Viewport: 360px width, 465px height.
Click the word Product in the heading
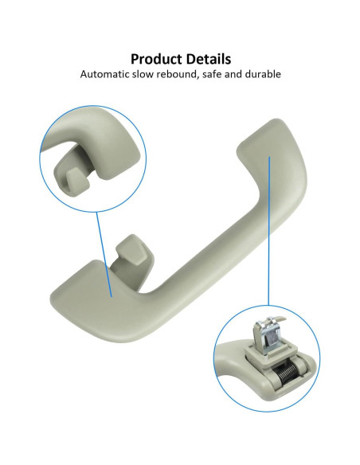tap(156, 59)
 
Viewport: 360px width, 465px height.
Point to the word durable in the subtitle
tap(263, 74)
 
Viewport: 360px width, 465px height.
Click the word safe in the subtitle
tap(212, 74)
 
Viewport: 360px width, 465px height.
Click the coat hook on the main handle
tap(132, 258)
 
